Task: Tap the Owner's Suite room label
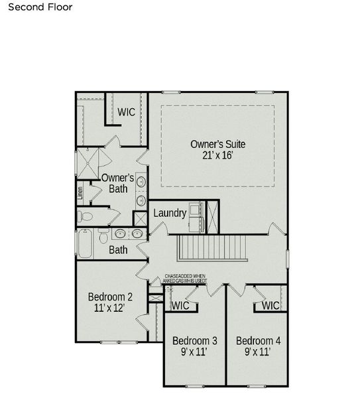[x=212, y=143]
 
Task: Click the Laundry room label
[x=169, y=214]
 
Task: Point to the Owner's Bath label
[x=118, y=184]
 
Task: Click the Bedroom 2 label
[x=111, y=297]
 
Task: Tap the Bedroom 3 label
[x=195, y=341]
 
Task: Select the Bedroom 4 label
[x=259, y=341]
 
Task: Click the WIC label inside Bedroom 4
[x=270, y=306]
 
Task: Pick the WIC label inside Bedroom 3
[x=180, y=306]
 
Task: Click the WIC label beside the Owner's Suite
[x=127, y=112]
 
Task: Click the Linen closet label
[x=80, y=193]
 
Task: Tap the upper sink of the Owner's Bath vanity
[x=141, y=181]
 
